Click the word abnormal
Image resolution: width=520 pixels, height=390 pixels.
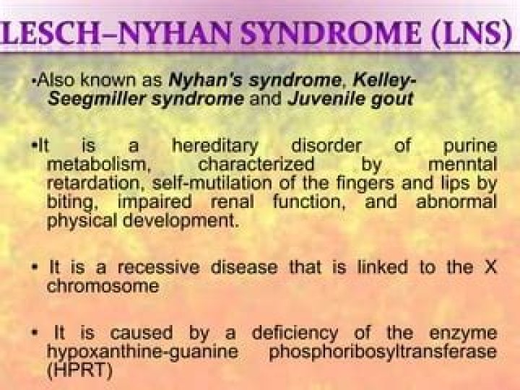click(456, 201)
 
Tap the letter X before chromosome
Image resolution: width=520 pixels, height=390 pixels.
click(490, 267)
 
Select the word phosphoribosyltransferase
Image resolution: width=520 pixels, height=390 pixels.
click(383, 352)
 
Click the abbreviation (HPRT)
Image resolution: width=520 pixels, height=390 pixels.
click(79, 370)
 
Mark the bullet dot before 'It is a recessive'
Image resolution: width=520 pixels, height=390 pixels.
click(35, 268)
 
